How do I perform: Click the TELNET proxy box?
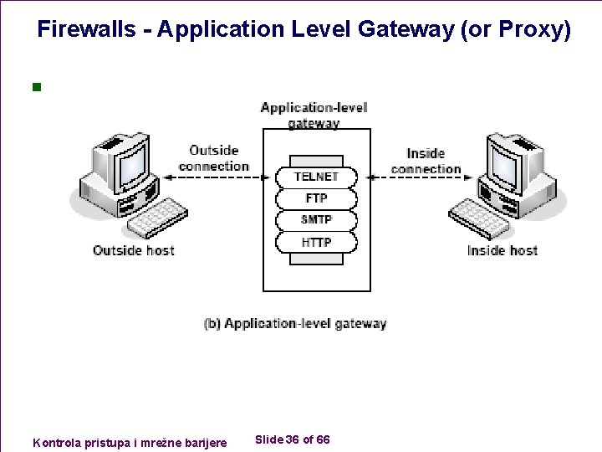(316, 177)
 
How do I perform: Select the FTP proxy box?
(316, 198)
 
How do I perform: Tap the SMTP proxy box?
(316, 220)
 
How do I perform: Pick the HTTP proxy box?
(316, 242)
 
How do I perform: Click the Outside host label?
(134, 250)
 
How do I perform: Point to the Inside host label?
(502, 250)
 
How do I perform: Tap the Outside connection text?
(214, 158)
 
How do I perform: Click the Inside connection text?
(426, 161)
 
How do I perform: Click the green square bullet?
(35, 86)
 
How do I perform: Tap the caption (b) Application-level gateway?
(295, 323)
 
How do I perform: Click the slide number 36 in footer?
(293, 439)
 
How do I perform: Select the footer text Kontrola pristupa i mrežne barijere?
(129, 441)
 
